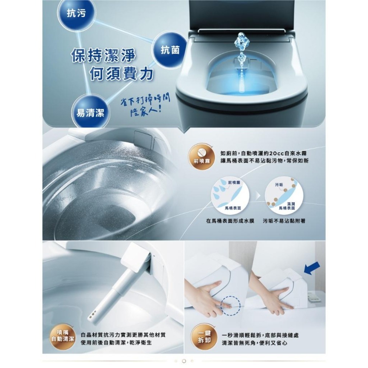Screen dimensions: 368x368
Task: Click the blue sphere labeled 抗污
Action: [x=76, y=14]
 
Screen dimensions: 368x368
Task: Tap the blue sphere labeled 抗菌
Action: [x=170, y=50]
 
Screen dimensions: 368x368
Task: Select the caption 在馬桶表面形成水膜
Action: [x=230, y=221]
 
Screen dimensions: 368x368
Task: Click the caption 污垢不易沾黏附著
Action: [x=284, y=221]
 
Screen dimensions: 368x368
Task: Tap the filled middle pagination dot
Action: [x=184, y=361]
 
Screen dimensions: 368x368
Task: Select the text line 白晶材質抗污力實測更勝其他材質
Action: [x=123, y=335]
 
